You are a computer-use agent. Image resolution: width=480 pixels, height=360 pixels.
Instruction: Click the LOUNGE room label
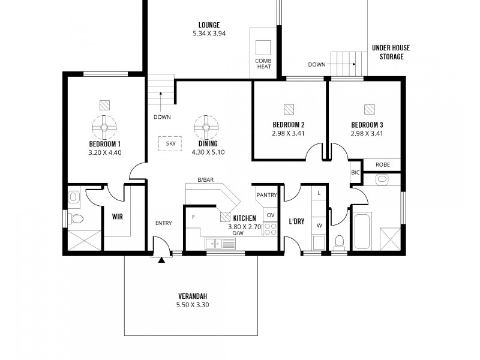coord(208,25)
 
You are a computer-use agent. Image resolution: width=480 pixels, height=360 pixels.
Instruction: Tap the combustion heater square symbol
coord(263,47)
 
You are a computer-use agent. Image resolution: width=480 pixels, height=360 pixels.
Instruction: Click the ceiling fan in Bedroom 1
coord(105,127)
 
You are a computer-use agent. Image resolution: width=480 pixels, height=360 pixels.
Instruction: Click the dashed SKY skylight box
coord(170,145)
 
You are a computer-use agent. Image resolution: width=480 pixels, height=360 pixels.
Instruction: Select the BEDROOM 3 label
coord(367,125)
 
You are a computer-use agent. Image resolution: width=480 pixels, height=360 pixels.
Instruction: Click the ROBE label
coord(383,164)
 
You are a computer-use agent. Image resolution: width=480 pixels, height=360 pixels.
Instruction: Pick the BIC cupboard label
coord(355,173)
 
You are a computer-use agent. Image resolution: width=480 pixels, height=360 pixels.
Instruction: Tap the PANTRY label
coord(266,195)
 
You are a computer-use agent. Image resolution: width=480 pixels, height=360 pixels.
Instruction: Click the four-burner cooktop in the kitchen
coord(270,228)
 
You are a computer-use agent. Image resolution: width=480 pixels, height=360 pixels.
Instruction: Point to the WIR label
coord(117,217)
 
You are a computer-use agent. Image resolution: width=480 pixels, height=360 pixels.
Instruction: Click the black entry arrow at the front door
coord(161,260)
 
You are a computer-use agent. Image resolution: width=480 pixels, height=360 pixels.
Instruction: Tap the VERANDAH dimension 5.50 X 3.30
coord(193,305)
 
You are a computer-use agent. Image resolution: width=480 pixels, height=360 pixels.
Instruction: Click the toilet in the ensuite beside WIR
coord(75,218)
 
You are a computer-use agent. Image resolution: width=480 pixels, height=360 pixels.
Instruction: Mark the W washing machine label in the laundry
coord(319,226)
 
